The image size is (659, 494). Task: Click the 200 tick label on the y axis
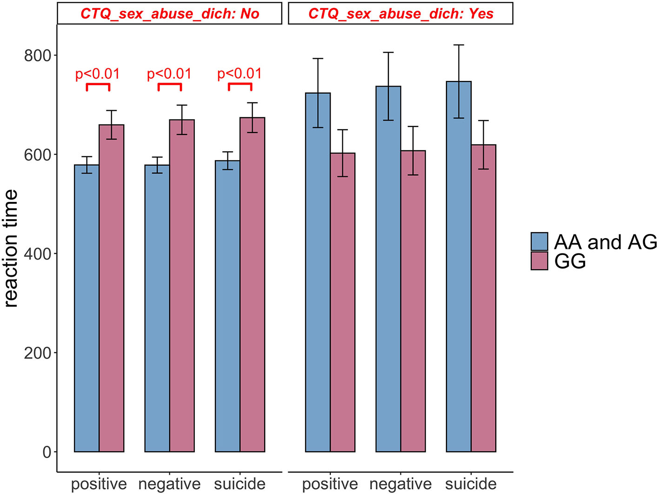[37, 353]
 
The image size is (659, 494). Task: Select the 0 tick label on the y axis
[47, 452]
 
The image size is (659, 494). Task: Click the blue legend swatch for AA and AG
[539, 242]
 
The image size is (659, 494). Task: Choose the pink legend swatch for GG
[539, 261]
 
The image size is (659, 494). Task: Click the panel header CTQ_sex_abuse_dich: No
[170, 13]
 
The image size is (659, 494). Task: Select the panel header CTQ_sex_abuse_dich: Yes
[400, 13]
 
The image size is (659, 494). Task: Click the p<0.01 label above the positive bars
[98, 74]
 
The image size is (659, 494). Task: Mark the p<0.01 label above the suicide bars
[240, 73]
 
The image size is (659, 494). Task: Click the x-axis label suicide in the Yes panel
[471, 484]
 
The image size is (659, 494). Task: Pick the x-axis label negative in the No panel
[169, 484]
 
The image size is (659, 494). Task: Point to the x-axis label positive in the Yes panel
[330, 484]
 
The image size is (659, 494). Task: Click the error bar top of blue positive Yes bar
[318, 59]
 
